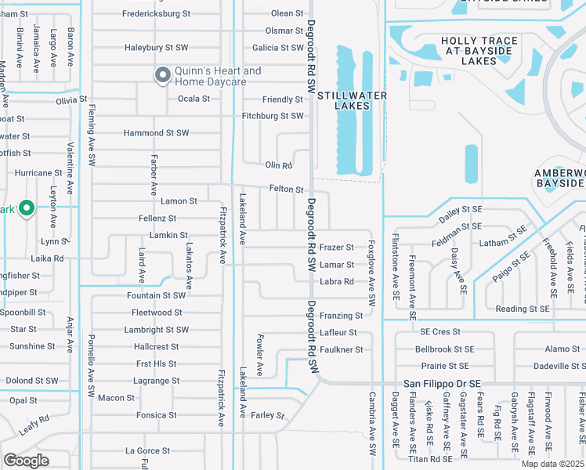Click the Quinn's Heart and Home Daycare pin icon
[162, 75]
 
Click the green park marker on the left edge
[26, 208]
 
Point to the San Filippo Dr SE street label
[442, 384]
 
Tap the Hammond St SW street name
[156, 133]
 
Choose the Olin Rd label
[278, 165]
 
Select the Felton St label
[286, 190]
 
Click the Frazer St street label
[337, 247]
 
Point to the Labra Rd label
[337, 282]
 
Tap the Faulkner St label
[341, 349]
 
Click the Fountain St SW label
[156, 295]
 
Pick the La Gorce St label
[147, 450]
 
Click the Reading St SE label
[523, 309]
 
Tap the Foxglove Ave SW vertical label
[371, 273]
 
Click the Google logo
[26, 460]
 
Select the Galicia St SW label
[272, 48]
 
